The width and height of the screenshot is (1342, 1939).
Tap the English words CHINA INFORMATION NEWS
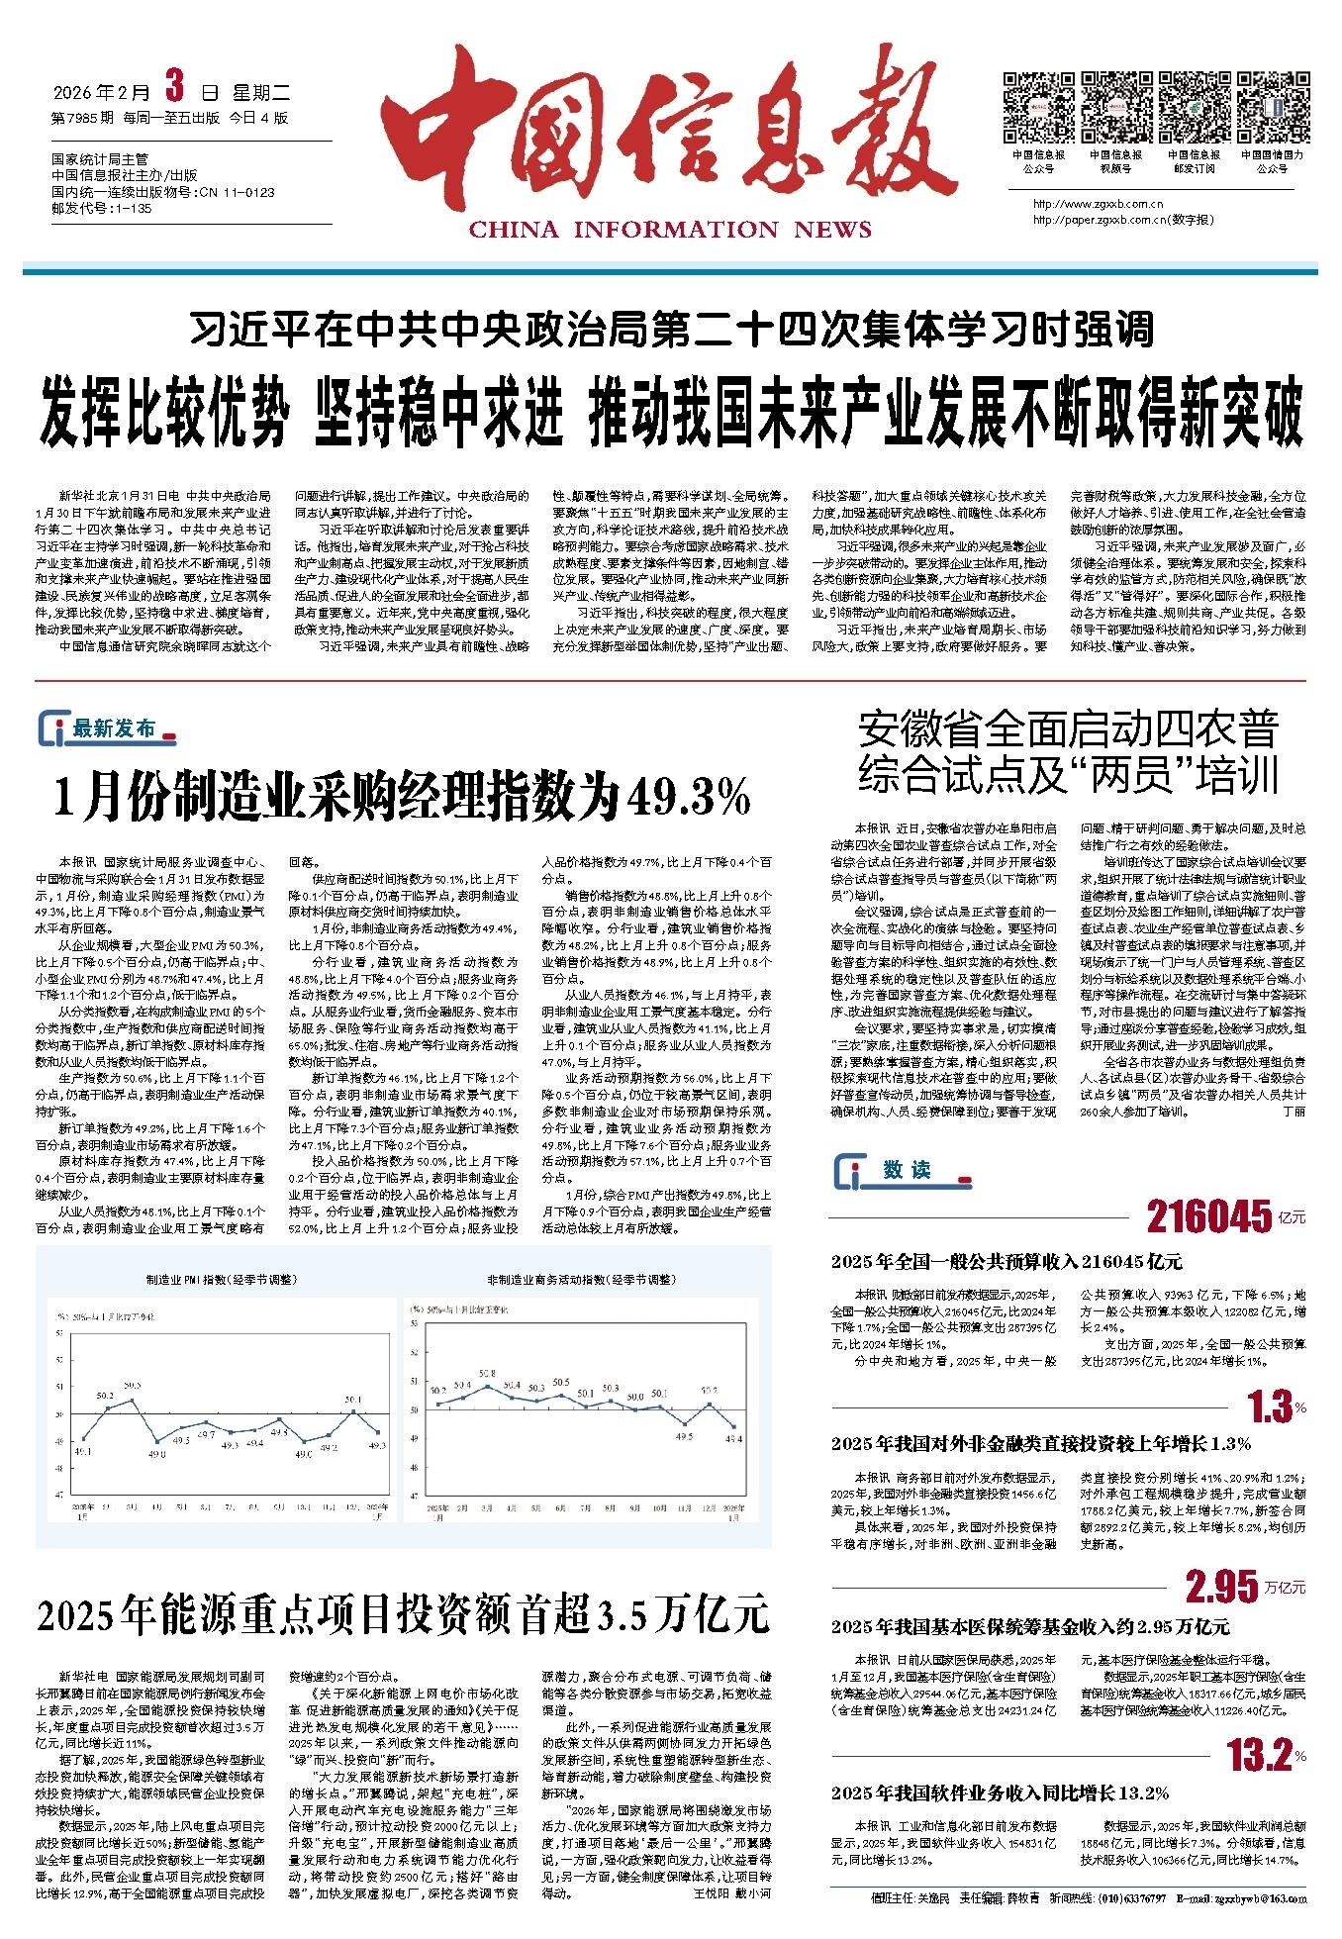coord(670,230)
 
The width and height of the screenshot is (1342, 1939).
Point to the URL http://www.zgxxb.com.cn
coord(1098,205)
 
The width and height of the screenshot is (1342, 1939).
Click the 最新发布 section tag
coord(109,729)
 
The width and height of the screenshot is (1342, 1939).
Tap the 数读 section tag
coord(904,1170)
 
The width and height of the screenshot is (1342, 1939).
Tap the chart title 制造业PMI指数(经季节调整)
coord(221,1280)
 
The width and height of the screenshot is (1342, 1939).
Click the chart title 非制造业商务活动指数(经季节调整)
coord(581,1280)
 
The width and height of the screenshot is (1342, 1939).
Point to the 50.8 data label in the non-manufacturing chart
coord(487,1374)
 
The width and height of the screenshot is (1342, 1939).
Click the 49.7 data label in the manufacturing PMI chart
coord(206,1433)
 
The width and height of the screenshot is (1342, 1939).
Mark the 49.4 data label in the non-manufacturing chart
coord(733,1439)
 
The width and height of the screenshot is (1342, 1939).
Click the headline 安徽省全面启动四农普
coord(1068,729)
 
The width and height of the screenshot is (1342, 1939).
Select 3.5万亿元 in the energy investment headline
coord(684,1615)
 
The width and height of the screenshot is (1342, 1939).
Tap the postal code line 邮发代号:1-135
coord(102,209)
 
